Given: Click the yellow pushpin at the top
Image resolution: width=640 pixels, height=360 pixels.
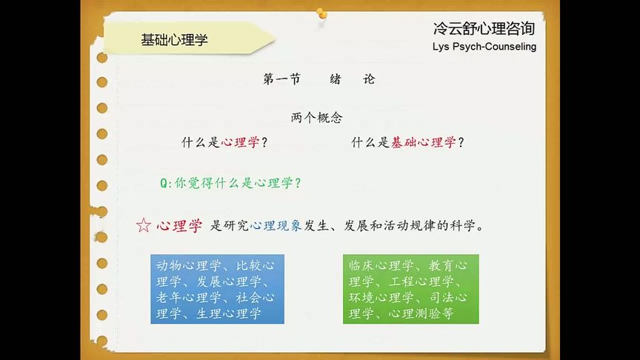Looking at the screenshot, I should [321, 13].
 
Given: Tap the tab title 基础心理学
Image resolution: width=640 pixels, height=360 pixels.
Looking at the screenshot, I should [174, 40].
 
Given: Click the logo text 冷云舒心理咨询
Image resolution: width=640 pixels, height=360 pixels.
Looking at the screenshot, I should [484, 29].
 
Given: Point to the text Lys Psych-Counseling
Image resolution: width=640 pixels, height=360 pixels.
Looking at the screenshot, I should [484, 47].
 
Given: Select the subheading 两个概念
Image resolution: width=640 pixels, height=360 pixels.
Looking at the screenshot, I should [316, 117].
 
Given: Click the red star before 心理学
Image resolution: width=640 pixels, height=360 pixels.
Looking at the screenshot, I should [144, 226].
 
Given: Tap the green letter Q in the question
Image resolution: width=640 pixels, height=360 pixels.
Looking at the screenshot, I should [164, 182].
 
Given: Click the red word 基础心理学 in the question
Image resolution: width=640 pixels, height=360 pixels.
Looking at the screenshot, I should [423, 142].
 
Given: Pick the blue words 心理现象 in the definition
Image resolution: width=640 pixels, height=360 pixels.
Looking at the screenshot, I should [276, 226].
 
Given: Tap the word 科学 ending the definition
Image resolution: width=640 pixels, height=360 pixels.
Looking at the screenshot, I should [466, 226].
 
